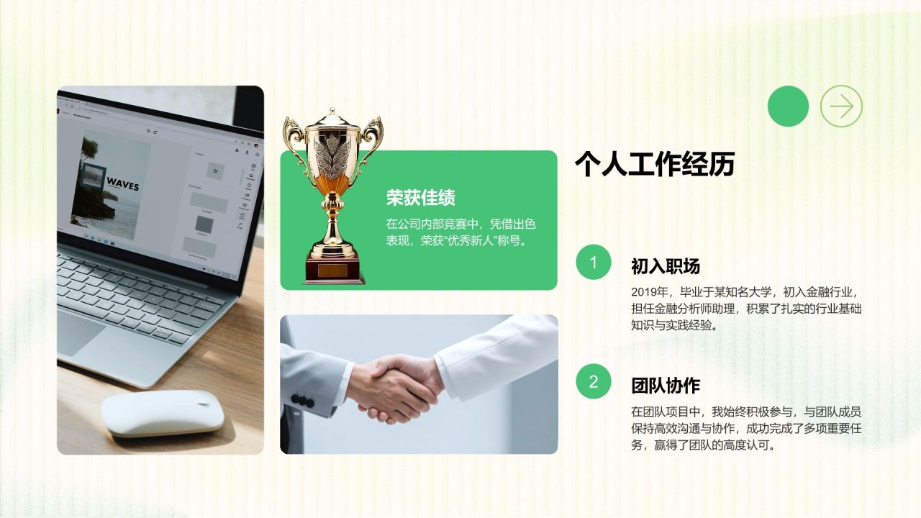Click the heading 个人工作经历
(654, 165)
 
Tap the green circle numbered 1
(593, 263)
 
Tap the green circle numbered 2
(593, 382)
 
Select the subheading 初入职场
(665, 267)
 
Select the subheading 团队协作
(665, 386)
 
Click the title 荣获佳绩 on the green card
(420, 198)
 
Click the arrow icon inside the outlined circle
(841, 106)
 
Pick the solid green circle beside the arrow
(788, 106)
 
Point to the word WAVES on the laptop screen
(122, 185)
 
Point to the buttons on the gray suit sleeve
(306, 401)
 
